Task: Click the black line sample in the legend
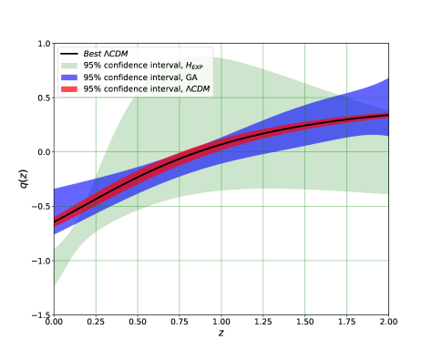69,55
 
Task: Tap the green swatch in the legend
69,66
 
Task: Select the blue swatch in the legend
69,77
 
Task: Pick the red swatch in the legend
69,89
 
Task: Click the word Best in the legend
92,55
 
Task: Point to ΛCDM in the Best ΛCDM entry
116,55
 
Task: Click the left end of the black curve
55,221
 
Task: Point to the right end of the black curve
388,115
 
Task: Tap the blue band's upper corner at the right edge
388,79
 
